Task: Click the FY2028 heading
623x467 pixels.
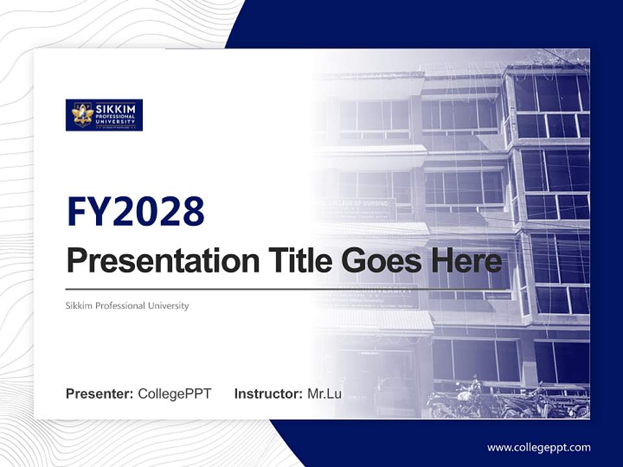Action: (x=136, y=211)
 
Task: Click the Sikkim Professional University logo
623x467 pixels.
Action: (x=104, y=115)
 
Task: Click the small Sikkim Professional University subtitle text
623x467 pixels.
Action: (x=127, y=305)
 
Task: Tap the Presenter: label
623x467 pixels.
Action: (x=100, y=394)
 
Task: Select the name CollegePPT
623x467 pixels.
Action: (x=175, y=394)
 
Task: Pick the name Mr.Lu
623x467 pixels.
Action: (x=324, y=394)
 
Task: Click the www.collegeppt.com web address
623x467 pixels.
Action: (x=539, y=448)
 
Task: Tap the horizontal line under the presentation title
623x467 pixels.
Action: (x=286, y=289)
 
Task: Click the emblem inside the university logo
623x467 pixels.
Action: (x=82, y=115)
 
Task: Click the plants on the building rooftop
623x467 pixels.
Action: (x=552, y=60)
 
